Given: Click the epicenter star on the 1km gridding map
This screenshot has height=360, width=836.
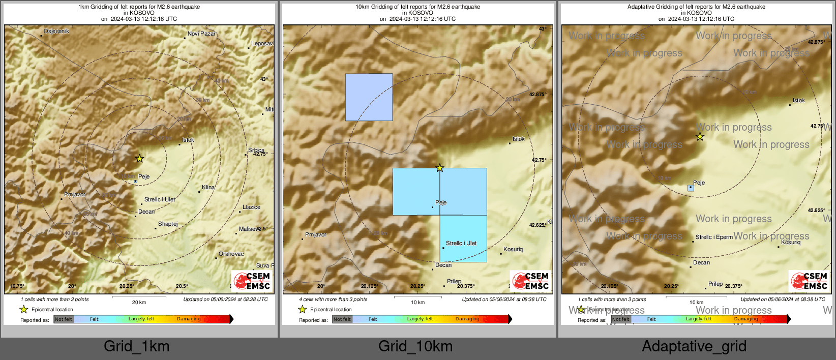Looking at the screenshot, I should tap(139, 159).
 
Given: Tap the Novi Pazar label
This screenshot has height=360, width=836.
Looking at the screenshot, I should tap(201, 34).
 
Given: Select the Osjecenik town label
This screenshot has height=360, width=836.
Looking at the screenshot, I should tap(56, 31).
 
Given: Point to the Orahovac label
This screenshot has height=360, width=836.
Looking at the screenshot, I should tap(231, 254).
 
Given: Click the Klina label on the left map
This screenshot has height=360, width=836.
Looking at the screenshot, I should tap(208, 187).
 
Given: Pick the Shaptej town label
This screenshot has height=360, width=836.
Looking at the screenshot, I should tap(168, 224).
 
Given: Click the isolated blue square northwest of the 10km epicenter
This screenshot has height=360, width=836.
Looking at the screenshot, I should tap(369, 97).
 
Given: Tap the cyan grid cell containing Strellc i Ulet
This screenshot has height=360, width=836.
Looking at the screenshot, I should tap(463, 238).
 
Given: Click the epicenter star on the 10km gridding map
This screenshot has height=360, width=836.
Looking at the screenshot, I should tap(440, 168).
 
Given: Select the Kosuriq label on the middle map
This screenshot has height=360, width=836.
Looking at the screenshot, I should tap(513, 249).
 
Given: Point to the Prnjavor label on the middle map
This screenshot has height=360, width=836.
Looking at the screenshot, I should tap(316, 234).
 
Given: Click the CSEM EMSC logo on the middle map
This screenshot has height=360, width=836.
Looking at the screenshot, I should tap(530, 281).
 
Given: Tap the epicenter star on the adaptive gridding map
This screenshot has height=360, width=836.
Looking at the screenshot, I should tap(700, 137).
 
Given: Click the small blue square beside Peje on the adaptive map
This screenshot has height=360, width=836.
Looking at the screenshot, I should tap(691, 188).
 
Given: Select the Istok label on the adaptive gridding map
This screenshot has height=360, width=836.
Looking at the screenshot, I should tap(798, 100).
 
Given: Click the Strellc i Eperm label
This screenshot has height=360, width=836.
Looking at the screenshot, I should tap(714, 237).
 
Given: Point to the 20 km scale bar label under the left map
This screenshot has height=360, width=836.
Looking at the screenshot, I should tap(139, 303).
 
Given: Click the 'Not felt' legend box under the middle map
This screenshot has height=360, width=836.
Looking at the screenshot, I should tap(342, 319).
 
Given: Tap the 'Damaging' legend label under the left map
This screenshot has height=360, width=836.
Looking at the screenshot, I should tap(189, 319).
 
